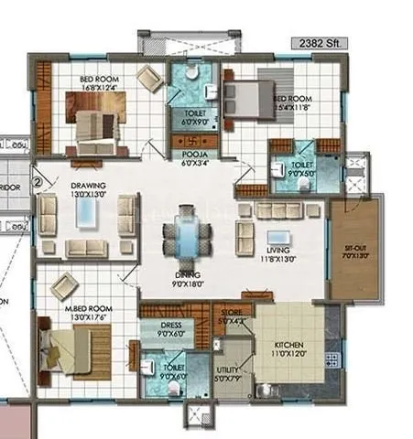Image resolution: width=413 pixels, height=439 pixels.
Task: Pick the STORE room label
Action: point(231,316)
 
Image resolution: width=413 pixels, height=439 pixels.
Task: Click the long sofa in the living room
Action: point(277,210)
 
